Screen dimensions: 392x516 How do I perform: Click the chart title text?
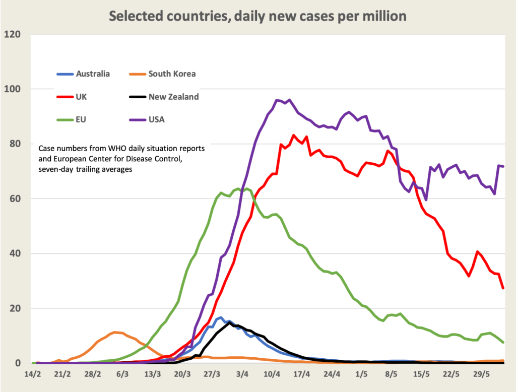257,16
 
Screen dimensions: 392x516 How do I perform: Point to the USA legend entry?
156,119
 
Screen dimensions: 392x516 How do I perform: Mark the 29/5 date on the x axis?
481,375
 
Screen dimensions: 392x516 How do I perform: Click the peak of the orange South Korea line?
115,332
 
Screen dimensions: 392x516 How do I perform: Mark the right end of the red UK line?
503,288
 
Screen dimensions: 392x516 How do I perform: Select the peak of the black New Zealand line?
230,322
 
